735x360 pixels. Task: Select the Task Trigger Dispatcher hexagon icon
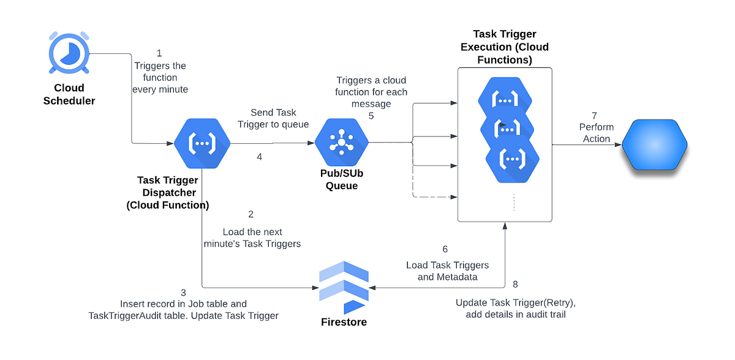click(202, 143)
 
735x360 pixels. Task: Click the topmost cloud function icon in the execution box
click(505, 99)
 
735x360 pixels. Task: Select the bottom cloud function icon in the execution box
click(512, 159)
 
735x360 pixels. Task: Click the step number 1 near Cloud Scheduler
click(160, 53)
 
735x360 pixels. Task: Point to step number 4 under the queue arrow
click(259, 157)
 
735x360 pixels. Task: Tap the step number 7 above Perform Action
click(594, 115)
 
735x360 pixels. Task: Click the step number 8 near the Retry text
click(514, 284)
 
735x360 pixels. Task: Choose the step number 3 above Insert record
click(183, 292)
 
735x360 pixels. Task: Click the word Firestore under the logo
click(344, 322)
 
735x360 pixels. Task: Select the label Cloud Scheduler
click(69, 94)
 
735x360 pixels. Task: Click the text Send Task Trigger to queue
click(273, 118)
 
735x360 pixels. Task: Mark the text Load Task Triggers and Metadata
click(447, 271)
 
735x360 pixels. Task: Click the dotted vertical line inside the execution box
click(513, 202)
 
